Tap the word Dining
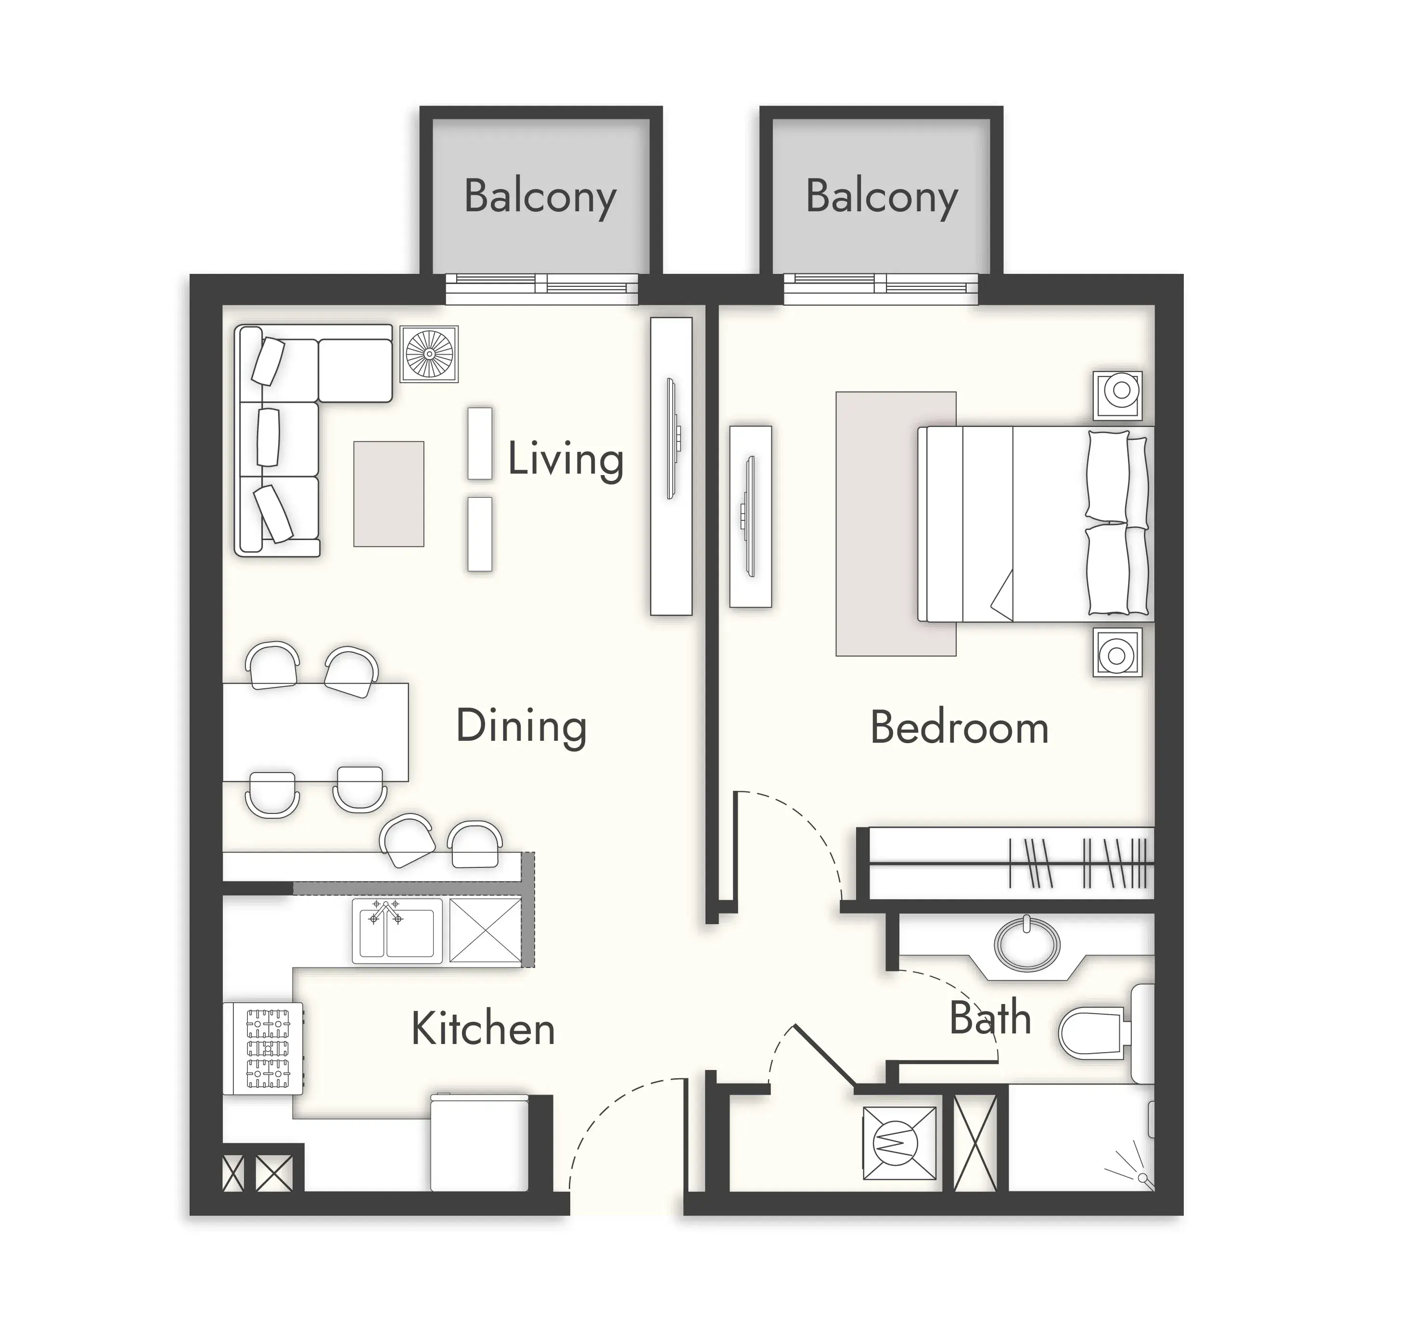pos(522,726)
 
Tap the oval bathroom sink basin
pos(1027,944)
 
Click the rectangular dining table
pos(316,732)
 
